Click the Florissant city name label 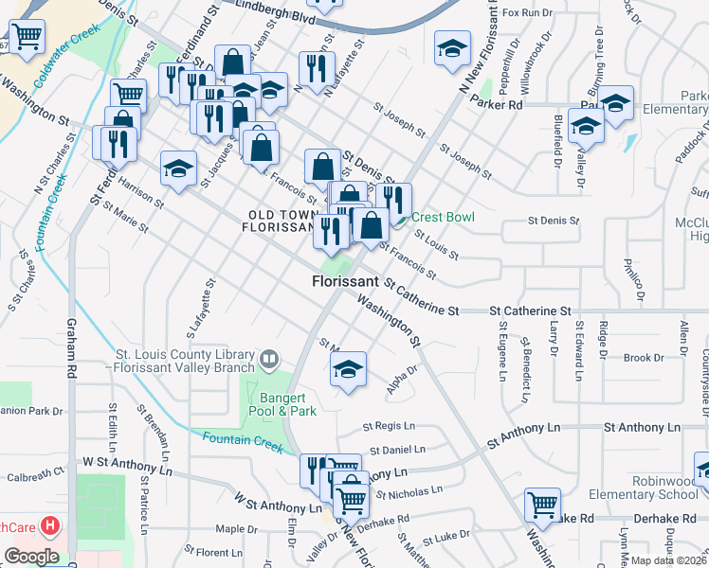346,282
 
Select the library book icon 270,360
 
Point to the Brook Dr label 644,358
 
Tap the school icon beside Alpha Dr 348,369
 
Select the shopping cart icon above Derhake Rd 542,505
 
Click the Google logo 31,557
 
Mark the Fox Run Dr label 527,12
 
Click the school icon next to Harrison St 177,169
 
